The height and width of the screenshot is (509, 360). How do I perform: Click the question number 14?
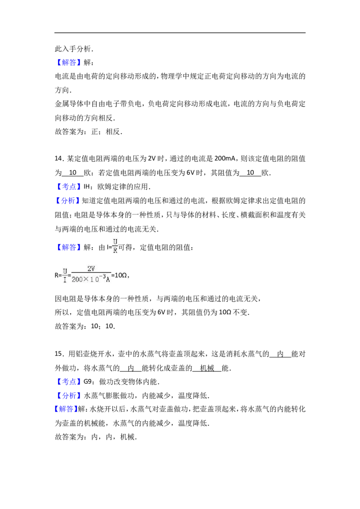pyautogui.click(x=58, y=159)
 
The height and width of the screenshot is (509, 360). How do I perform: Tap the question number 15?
pyautogui.click(x=58, y=354)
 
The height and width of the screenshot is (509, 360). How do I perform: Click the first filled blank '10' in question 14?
pyautogui.click(x=73, y=173)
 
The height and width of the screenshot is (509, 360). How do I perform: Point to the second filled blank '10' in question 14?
pyautogui.click(x=250, y=173)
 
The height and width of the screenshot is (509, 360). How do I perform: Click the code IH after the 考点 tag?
pyautogui.click(x=86, y=187)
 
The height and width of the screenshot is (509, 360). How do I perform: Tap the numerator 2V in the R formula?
pyautogui.click(x=91, y=269)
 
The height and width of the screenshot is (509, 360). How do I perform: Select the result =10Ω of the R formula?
pyautogui.click(x=120, y=275)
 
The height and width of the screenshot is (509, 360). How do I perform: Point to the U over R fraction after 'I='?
pyautogui.click(x=115, y=247)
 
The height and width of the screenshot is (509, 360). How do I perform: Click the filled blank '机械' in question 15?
pyautogui.click(x=207, y=368)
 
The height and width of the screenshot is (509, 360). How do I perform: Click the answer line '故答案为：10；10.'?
pyautogui.click(x=85, y=326)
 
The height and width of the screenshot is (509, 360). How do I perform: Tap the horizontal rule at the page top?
pyautogui.click(x=180, y=33)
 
